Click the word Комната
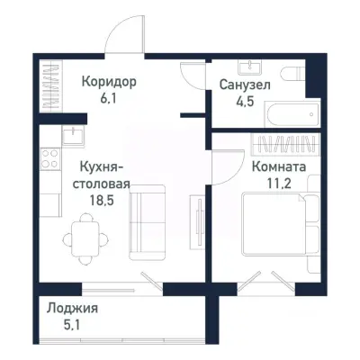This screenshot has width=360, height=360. pos(278,166)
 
